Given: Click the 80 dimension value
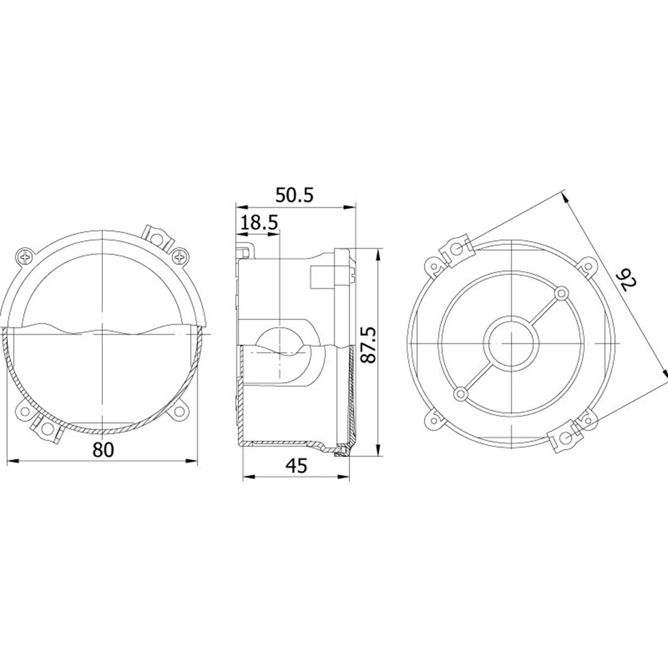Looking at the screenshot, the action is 104,450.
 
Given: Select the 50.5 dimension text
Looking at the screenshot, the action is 295,195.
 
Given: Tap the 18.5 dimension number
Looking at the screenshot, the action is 259,222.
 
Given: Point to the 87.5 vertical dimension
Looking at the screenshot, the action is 369,345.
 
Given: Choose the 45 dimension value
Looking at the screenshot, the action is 297,466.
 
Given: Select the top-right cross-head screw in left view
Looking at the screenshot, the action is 180,257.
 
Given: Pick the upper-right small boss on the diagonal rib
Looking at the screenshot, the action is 562,293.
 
